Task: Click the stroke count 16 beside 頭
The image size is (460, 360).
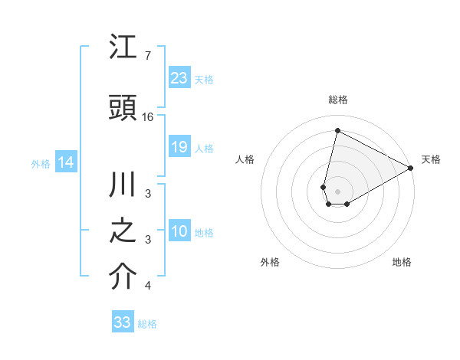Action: [148, 117]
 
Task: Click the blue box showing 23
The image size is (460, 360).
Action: [179, 77]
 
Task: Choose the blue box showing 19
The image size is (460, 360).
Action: [179, 147]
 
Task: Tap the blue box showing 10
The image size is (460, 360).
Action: [179, 232]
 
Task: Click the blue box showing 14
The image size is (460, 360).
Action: [66, 162]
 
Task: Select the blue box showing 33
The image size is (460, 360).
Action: [123, 322]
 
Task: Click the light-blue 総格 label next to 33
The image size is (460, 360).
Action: [147, 324]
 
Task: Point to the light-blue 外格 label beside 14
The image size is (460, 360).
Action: [41, 163]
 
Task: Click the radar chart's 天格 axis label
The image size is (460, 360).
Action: [431, 159]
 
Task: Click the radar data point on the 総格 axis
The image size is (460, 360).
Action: [337, 130]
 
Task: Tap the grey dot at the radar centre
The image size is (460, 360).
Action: [337, 191]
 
